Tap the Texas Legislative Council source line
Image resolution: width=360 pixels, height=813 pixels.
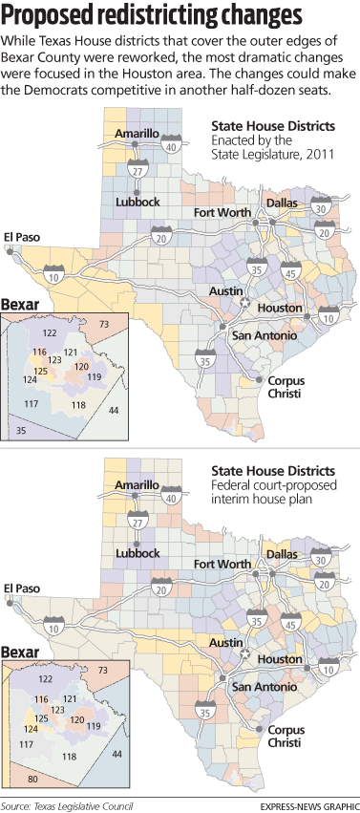(67, 805)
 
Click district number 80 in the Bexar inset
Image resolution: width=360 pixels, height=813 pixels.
(33, 780)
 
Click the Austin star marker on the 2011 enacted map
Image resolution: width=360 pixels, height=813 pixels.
(244, 302)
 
